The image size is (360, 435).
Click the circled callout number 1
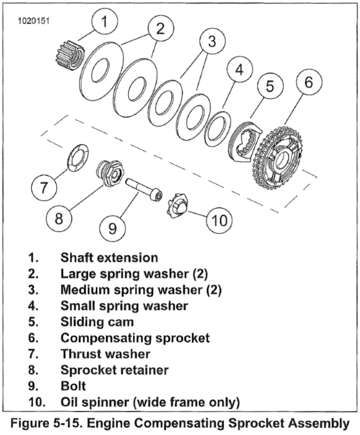click(105, 22)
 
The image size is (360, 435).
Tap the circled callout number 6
click(309, 82)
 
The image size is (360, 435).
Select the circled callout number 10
click(219, 220)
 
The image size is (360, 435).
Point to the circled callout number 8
click(59, 219)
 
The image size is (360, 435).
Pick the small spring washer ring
click(217, 129)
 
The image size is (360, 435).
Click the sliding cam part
click(246, 142)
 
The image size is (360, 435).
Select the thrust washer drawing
click(78, 157)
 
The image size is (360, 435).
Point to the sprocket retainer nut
click(110, 173)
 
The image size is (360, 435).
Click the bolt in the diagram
click(144, 189)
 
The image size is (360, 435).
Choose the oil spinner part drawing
click(177, 207)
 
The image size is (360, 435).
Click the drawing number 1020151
click(34, 21)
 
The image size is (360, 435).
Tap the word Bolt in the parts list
click(73, 386)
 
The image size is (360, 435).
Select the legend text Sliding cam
click(97, 322)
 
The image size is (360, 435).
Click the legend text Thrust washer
click(105, 354)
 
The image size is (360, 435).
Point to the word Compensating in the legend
click(107, 338)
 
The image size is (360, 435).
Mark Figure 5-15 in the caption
click(47, 423)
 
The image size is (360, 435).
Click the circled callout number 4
click(239, 69)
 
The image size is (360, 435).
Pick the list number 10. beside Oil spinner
click(37, 402)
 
